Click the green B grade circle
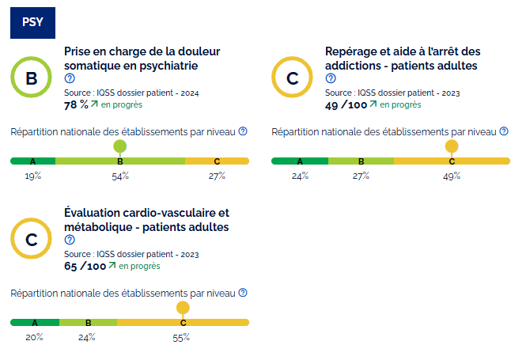pyautogui.click(x=32, y=78)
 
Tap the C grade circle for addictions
pyautogui.click(x=293, y=78)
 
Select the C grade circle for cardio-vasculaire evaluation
pyautogui.click(x=32, y=240)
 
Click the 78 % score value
pyautogui.click(x=76, y=104)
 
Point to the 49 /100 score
pyautogui.click(x=346, y=104)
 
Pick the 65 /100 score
pyautogui.click(x=85, y=266)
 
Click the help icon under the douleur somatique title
pyautogui.click(x=70, y=78)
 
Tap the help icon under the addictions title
pyautogui.click(x=331, y=78)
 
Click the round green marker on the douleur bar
pyautogui.click(x=120, y=146)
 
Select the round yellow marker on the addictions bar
pyautogui.click(x=452, y=146)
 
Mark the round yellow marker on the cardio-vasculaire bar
pyautogui.click(x=183, y=307)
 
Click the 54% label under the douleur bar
pyautogui.click(x=120, y=176)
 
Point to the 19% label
pyautogui.click(x=32, y=176)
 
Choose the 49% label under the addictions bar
pyautogui.click(x=452, y=176)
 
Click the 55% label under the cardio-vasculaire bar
pyautogui.click(x=182, y=337)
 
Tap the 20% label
pyautogui.click(x=34, y=337)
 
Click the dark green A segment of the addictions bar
pyautogui.click(x=300, y=161)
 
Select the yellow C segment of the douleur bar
pyautogui.click(x=217, y=161)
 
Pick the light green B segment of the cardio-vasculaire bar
pyautogui.click(x=88, y=323)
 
